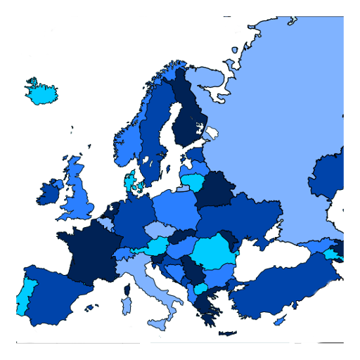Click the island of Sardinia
click(127, 305)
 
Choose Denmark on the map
click(131, 182)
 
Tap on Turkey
click(281, 288)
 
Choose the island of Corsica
click(127, 288)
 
